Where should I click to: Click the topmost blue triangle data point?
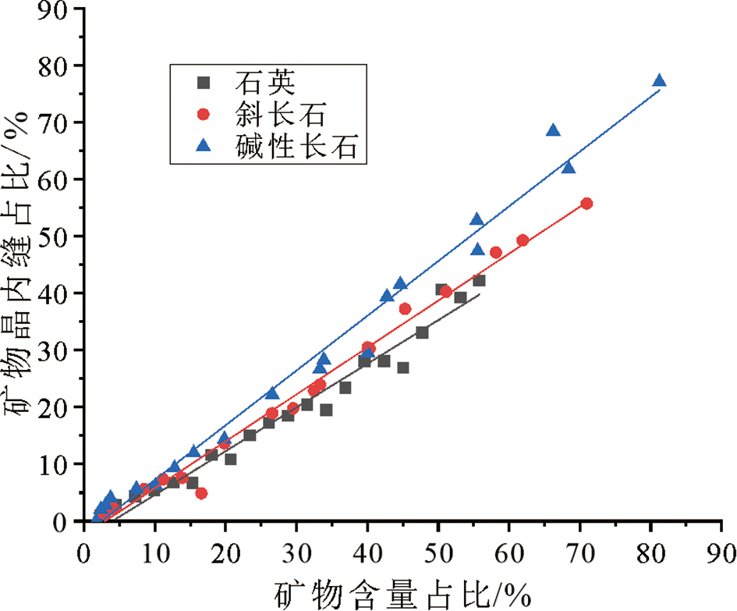[659, 80]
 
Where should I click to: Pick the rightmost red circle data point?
[586, 204]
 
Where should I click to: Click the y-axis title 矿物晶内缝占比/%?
[19, 265]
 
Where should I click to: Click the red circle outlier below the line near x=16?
[201, 493]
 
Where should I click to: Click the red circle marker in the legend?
[204, 114]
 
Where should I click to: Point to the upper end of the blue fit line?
[659, 90]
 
